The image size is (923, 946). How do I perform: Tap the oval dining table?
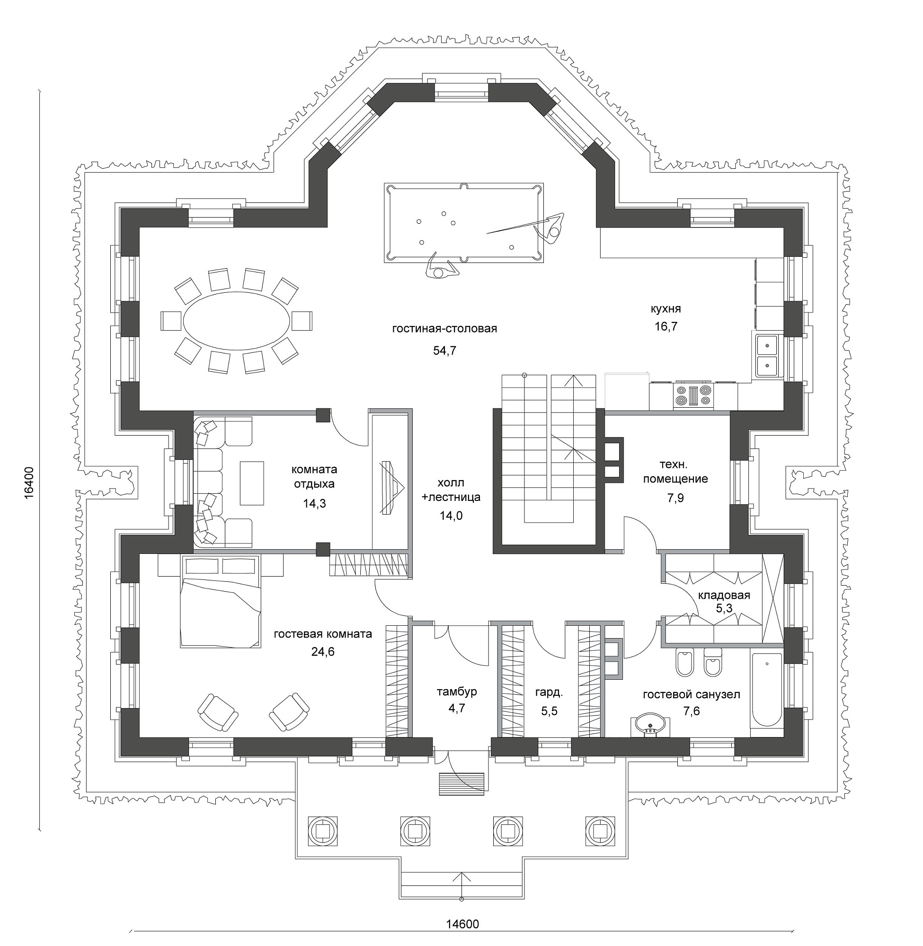(237, 321)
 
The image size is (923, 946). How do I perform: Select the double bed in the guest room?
(221, 601)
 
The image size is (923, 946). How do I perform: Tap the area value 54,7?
(444, 350)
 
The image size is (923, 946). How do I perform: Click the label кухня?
(666, 309)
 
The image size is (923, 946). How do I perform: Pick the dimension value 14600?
(462, 924)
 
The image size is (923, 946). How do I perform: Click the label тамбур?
(457, 692)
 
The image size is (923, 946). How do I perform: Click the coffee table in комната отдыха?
(252, 483)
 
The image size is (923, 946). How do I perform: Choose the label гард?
(549, 692)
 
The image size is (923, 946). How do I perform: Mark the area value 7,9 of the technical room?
(675, 498)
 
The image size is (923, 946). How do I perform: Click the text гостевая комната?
(323, 634)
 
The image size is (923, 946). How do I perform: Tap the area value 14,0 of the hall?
(451, 516)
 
